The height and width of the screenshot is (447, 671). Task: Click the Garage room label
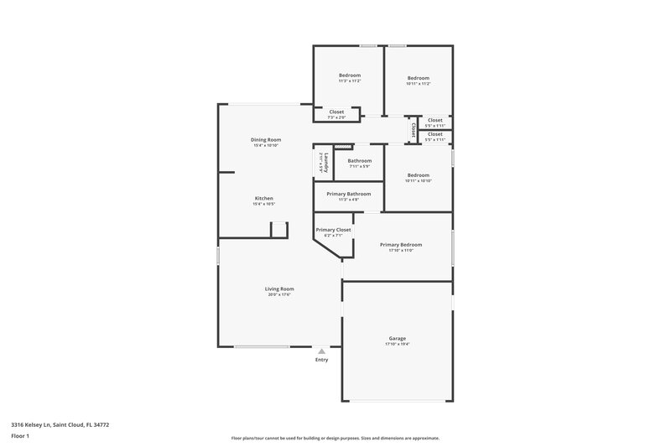click(397, 338)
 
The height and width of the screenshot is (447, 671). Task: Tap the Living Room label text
click(280, 288)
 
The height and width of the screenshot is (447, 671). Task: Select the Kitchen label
click(263, 198)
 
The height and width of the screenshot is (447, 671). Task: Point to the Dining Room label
click(265, 139)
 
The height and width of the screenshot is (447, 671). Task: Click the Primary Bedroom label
click(400, 244)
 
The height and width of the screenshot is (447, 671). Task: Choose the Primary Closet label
click(333, 229)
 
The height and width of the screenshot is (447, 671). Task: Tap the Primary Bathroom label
click(348, 194)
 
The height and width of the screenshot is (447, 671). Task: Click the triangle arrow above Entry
click(321, 351)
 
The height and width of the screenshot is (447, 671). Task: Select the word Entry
click(321, 360)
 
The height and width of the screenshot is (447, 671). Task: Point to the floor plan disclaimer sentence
click(335, 438)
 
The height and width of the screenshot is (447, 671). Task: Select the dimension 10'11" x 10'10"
click(418, 180)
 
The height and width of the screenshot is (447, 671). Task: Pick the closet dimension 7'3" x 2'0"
click(336, 117)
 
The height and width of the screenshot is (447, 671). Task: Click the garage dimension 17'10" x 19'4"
click(397, 344)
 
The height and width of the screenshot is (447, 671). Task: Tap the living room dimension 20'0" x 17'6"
click(280, 294)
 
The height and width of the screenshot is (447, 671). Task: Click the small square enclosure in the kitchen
click(279, 230)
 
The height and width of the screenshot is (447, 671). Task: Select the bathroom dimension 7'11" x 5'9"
click(360, 166)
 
